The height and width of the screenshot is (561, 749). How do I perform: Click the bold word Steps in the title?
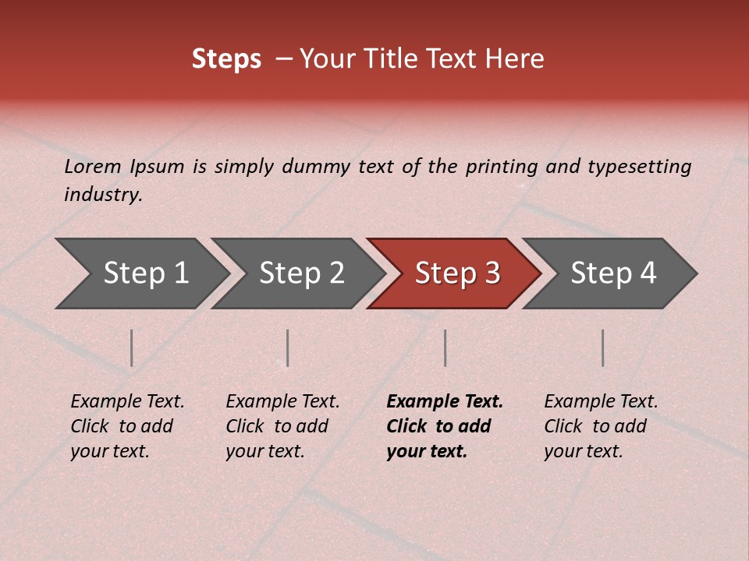tap(226, 59)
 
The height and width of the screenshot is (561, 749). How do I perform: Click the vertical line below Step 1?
tap(132, 348)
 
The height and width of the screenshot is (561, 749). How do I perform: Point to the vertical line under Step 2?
tap(288, 348)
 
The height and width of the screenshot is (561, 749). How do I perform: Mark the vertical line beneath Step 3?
tap(445, 348)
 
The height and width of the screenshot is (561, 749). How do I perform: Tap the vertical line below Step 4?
tap(602, 348)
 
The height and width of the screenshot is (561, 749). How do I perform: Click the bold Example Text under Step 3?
tap(445, 402)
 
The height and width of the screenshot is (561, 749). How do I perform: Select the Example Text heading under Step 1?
tap(127, 402)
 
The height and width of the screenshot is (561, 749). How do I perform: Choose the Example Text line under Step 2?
tap(282, 402)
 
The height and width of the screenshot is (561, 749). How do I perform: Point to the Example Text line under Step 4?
tap(601, 402)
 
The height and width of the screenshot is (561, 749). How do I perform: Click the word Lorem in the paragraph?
tap(93, 167)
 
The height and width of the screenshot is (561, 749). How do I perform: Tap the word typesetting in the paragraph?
tap(639, 167)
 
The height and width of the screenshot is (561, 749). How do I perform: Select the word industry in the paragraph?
tap(103, 195)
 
